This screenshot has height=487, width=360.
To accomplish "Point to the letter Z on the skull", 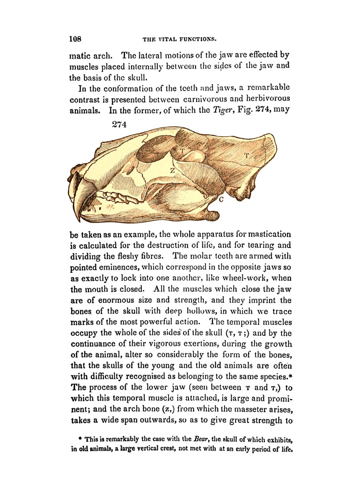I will (173, 170).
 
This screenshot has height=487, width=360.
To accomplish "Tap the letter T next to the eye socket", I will (182, 150).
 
